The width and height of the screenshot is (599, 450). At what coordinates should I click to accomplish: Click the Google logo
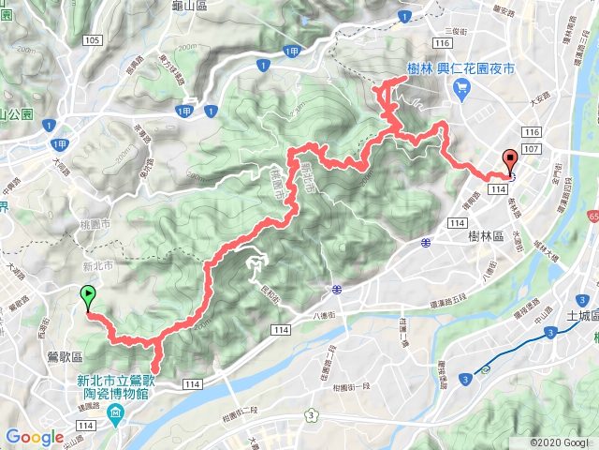coord(35,437)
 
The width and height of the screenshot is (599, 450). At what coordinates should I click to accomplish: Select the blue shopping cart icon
coord(460,87)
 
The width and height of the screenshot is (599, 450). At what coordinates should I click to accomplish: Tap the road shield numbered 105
coord(91,40)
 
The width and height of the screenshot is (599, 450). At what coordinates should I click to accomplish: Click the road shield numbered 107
coord(533,150)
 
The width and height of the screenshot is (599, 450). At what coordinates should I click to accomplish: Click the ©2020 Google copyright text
coord(558,442)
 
